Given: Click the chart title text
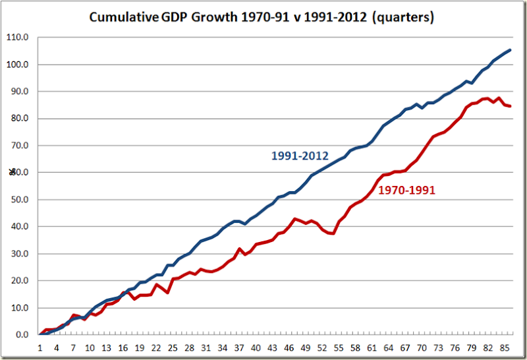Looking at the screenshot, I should [x=262, y=18].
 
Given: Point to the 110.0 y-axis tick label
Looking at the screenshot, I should [x=19, y=38].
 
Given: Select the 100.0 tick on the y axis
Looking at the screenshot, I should [x=19, y=65].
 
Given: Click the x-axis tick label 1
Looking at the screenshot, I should [x=40, y=347].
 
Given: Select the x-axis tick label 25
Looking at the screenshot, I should [x=173, y=347].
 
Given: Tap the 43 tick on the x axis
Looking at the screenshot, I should [x=272, y=347].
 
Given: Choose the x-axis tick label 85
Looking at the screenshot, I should [x=505, y=347].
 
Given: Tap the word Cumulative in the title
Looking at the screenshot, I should [x=124, y=18].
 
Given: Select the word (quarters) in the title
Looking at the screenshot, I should [x=402, y=18].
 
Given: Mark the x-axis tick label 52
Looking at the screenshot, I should [x=322, y=347].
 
